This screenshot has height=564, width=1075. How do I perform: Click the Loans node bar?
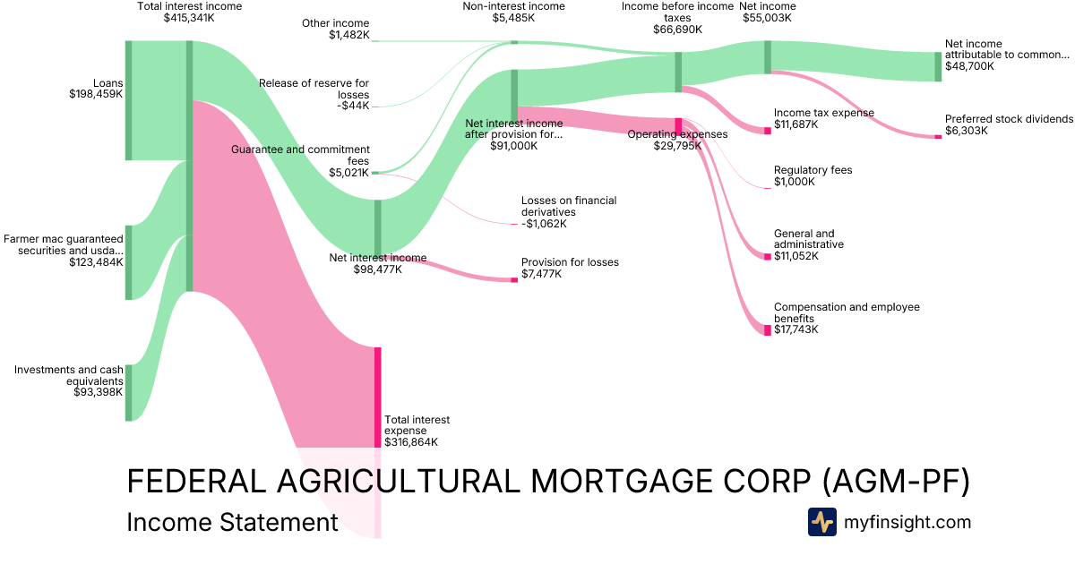tap(128, 100)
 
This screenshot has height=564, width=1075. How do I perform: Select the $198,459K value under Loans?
tap(96, 93)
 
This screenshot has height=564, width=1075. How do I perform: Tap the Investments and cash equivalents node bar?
tap(128, 392)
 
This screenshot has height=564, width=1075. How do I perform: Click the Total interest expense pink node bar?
tap(378, 397)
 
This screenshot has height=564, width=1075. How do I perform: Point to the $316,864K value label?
tap(411, 442)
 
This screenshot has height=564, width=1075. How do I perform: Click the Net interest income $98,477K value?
tap(377, 269)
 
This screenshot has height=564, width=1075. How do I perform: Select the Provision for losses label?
tap(570, 262)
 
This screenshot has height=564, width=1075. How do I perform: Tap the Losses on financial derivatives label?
tap(569, 207)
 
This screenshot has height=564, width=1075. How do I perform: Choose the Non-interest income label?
tap(513, 6)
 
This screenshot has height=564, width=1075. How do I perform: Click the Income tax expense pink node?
tap(767, 131)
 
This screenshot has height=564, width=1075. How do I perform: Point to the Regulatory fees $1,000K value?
tap(795, 182)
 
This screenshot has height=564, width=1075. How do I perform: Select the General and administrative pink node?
tap(767, 257)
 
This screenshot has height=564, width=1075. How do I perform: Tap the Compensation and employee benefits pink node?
tap(767, 329)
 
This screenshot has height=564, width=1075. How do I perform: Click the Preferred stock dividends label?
tap(1009, 119)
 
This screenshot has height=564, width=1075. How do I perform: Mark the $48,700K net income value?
tap(969, 66)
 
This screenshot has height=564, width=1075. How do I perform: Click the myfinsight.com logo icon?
tap(821, 522)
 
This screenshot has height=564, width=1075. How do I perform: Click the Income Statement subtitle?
tap(232, 522)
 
